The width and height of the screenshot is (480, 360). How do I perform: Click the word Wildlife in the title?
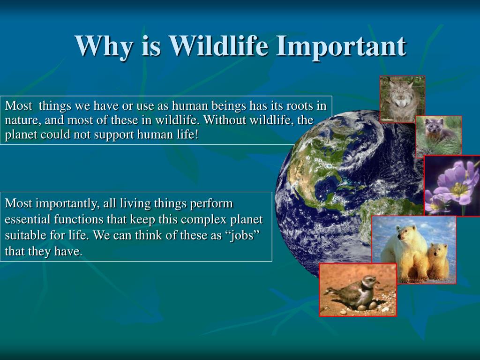coord(219,46)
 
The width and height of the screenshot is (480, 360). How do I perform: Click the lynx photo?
coord(402,99)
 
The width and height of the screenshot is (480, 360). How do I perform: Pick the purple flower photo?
coord(452,186)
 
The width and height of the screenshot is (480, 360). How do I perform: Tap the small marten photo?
coord(439,136)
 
